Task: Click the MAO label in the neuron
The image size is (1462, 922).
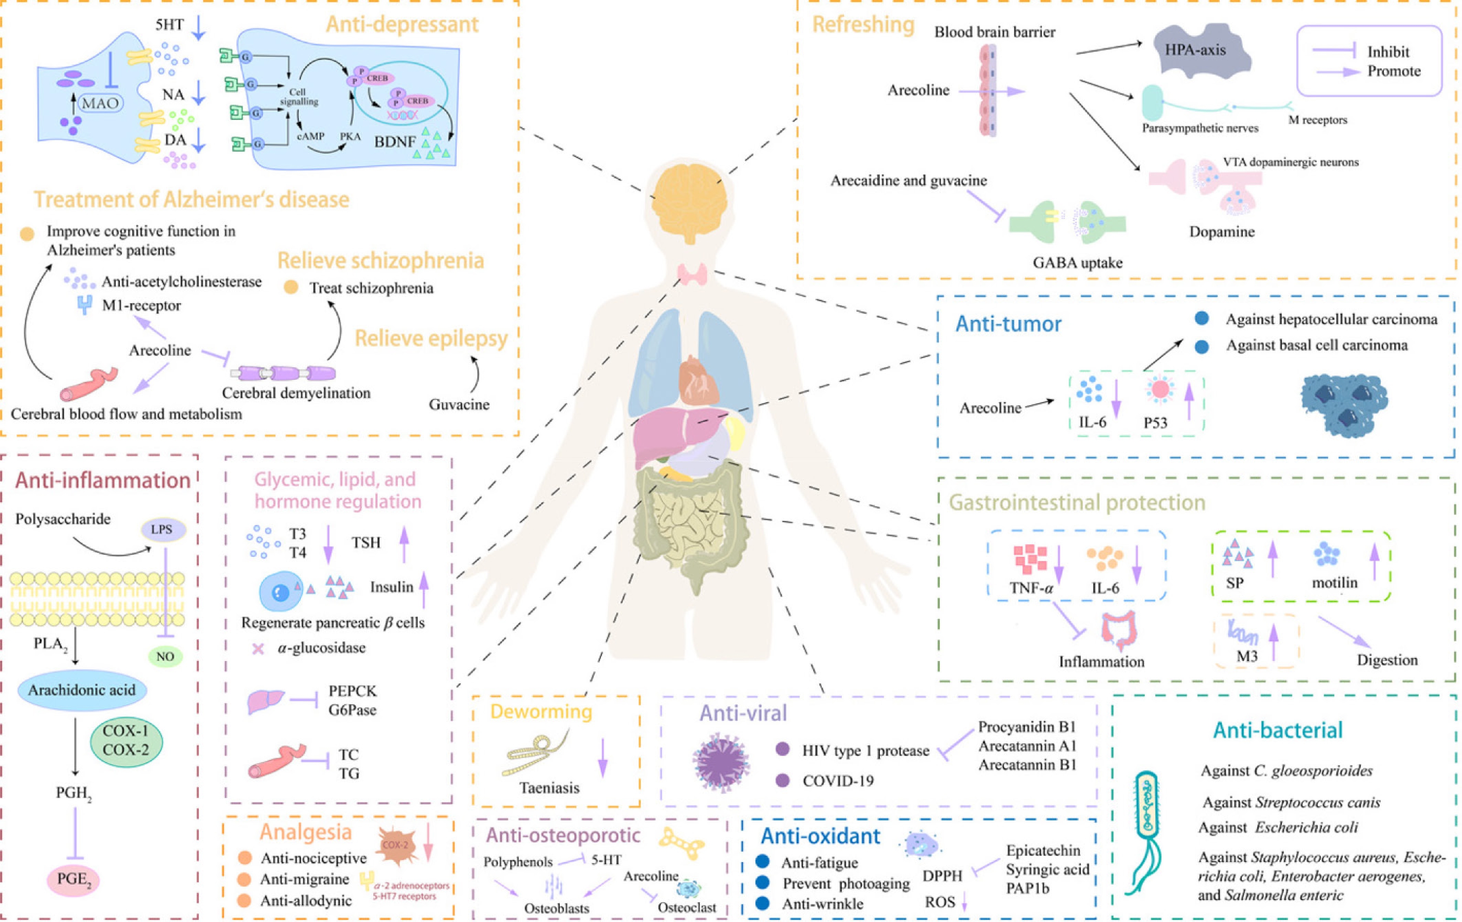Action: pyautogui.click(x=100, y=103)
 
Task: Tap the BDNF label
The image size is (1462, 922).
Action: pyautogui.click(x=394, y=142)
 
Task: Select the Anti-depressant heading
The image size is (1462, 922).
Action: pyautogui.click(x=402, y=24)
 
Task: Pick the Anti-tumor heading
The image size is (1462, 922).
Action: pyautogui.click(x=1008, y=324)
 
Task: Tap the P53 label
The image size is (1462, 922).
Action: pyautogui.click(x=1155, y=423)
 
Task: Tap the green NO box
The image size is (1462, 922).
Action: pyautogui.click(x=165, y=657)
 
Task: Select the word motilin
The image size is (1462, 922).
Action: pyautogui.click(x=1334, y=583)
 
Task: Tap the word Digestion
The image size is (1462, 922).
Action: pyautogui.click(x=1387, y=660)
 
